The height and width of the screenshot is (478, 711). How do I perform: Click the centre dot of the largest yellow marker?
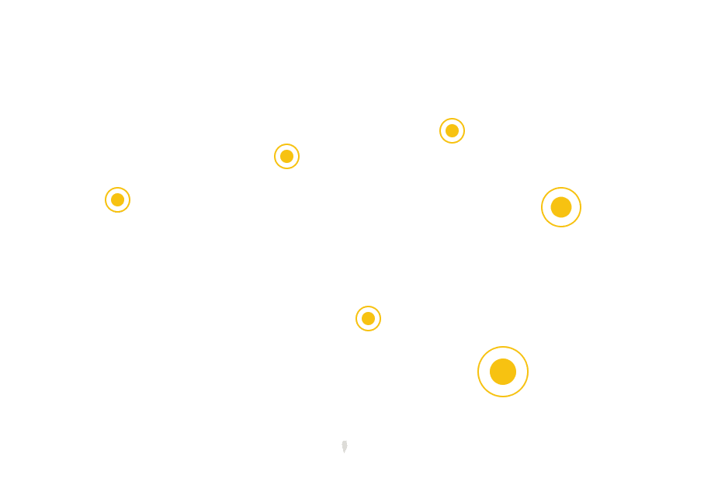pos(503,372)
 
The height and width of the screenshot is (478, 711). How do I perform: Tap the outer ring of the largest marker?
pos(503,348)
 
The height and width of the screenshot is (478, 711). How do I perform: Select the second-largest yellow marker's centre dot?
pos(561,207)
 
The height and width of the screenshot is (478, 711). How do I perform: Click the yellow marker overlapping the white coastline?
pos(117,199)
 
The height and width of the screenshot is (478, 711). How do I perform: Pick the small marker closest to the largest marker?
pos(369,318)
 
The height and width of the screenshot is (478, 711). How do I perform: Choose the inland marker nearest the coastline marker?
pos(286,156)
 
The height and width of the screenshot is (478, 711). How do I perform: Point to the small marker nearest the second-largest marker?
pos(452,130)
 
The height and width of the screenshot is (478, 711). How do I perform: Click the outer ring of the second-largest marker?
pos(561,189)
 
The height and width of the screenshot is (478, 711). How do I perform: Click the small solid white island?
pos(344,446)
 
